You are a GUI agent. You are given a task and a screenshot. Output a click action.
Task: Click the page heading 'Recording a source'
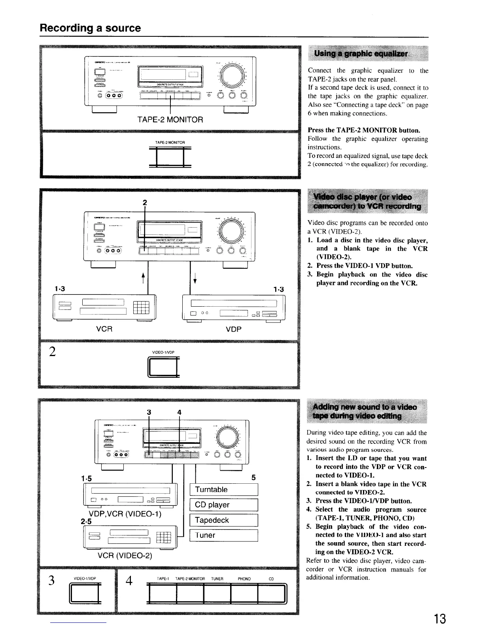point(90,28)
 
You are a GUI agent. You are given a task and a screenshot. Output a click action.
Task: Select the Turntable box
point(224,490)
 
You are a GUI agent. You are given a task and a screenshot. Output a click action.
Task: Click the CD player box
point(224,505)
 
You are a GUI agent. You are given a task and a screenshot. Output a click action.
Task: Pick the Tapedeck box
point(224,520)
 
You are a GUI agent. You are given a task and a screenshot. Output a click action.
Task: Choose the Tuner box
point(224,535)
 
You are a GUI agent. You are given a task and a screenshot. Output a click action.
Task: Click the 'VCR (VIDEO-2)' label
point(125,556)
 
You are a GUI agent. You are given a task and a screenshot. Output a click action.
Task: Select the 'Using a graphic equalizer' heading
point(361,54)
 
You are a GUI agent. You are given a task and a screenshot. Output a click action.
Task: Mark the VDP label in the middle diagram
point(233,329)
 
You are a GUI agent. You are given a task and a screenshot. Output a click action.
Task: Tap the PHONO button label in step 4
point(244,579)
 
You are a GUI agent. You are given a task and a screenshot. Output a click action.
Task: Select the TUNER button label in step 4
point(217,579)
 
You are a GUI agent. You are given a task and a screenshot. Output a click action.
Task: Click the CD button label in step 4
point(271,579)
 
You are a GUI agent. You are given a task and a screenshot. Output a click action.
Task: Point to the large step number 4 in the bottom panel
point(128,583)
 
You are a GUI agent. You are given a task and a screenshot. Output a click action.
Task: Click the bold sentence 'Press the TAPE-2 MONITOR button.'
point(364,130)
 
